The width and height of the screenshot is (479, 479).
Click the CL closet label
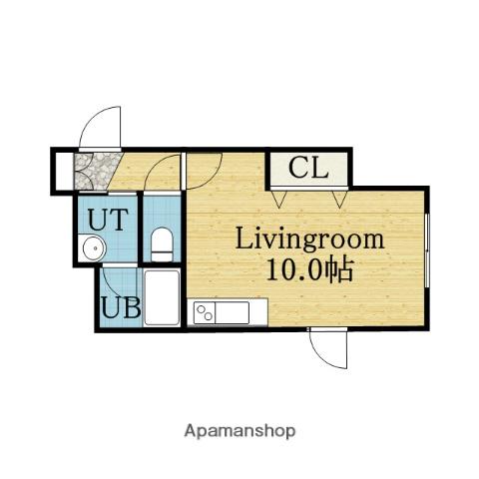tap(308, 168)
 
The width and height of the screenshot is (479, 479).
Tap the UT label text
tap(108, 219)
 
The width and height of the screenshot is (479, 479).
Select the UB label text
tap(121, 307)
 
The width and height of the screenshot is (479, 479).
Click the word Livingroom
tap(309, 239)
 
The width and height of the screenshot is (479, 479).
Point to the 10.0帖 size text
tap(309, 269)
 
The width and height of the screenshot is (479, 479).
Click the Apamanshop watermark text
tap(239, 431)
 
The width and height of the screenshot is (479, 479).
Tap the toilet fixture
tap(162, 244)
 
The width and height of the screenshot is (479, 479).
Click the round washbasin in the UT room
tap(95, 247)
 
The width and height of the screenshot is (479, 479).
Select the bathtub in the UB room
tap(162, 297)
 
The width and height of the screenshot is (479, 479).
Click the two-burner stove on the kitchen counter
tap(205, 312)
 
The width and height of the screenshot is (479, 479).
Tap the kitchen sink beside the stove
tap(233, 312)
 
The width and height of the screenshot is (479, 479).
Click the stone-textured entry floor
tap(97, 172)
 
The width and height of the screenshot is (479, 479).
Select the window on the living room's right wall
tap(428, 249)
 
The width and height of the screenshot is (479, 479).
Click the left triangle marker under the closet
tap(278, 200)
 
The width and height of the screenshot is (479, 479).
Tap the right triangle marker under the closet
tap(339, 200)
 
